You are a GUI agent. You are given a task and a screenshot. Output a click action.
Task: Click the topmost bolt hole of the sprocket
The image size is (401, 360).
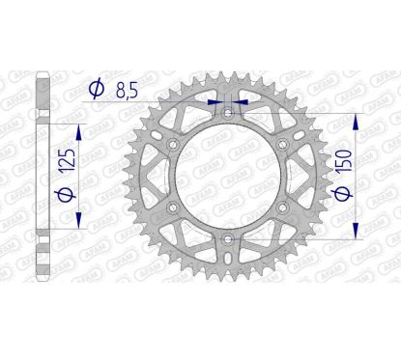coord(228,114)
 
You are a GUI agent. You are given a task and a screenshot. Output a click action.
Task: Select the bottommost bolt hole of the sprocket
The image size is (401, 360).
coord(228,238)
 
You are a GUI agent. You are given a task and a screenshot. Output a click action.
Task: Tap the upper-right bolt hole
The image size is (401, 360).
coord(282,145)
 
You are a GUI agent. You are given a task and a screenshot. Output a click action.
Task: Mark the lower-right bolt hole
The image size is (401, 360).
coord(282,208)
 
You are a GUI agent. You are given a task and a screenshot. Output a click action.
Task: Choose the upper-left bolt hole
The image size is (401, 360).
coord(174,145)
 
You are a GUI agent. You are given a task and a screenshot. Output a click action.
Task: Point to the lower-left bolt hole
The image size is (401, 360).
coord(174,208)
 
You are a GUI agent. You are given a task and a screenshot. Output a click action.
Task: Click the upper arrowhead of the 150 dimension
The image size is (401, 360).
coord(358,121)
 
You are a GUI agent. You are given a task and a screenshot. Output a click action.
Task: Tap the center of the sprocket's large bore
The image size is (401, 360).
coord(228,177)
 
